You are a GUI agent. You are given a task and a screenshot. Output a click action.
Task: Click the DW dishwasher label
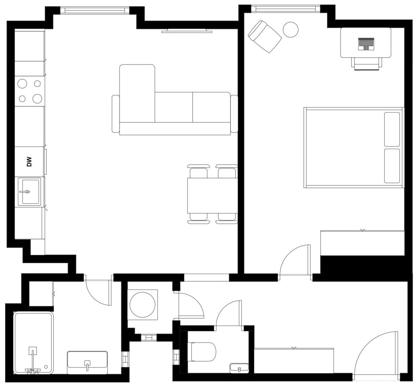[x=29, y=162]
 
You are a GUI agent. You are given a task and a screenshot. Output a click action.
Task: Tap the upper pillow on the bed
[x=392, y=129]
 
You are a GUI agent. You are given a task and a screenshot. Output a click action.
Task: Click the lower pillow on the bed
[x=392, y=166]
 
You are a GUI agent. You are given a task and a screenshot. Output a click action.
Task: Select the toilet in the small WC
[x=203, y=352]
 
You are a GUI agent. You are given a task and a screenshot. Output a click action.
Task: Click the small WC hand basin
[x=239, y=368]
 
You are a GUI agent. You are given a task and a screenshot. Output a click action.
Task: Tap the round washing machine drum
[x=142, y=304]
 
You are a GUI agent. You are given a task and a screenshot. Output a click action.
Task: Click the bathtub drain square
[x=32, y=351]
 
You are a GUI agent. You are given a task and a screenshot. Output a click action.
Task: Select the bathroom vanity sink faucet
[x=87, y=365]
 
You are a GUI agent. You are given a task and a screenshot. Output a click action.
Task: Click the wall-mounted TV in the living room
[x=186, y=31]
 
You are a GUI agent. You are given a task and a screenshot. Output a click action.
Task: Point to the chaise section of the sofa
[x=137, y=94]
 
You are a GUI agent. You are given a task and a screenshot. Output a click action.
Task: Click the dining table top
[x=212, y=195]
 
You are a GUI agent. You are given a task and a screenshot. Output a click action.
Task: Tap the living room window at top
[x=95, y=10]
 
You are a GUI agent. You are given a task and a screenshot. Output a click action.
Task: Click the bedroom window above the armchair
[x=286, y=9]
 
